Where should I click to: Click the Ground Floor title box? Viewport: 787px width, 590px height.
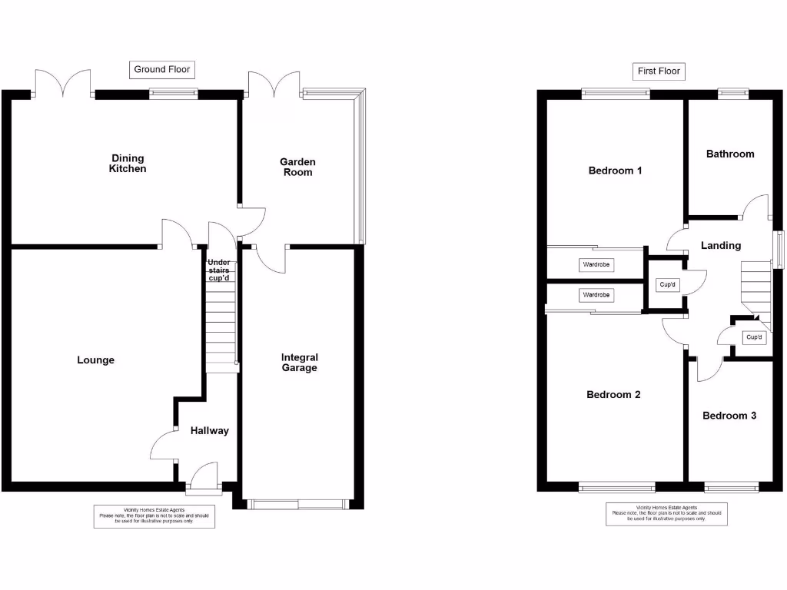[x=161, y=70]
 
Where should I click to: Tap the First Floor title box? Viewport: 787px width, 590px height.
[x=659, y=71]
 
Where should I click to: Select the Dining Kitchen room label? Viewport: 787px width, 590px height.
[x=128, y=164]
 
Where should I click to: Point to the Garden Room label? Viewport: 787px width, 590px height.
[x=297, y=167]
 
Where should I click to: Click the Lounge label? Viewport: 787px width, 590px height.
[x=96, y=360]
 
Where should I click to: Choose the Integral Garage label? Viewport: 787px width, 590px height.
[x=299, y=363]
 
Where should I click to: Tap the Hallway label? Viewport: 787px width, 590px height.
[x=210, y=431]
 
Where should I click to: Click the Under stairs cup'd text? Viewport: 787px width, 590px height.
[x=219, y=270]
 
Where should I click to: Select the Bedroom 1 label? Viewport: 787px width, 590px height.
[x=615, y=171]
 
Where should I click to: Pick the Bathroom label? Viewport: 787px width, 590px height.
[x=730, y=154]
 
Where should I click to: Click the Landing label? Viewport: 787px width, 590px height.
[x=721, y=246]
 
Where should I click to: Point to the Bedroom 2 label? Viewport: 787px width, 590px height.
[x=613, y=395]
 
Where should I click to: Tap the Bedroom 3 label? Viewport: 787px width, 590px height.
[x=729, y=416]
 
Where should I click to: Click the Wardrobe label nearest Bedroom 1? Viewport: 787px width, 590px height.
[x=596, y=265]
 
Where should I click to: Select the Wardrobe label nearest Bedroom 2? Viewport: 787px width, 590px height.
[x=596, y=295]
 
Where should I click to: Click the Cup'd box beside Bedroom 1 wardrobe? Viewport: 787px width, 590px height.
[x=668, y=285]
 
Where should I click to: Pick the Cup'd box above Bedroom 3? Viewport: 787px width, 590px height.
[x=753, y=337]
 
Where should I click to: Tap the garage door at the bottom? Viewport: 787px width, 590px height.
[x=298, y=504]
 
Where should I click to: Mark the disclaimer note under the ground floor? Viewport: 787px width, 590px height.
[x=154, y=516]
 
